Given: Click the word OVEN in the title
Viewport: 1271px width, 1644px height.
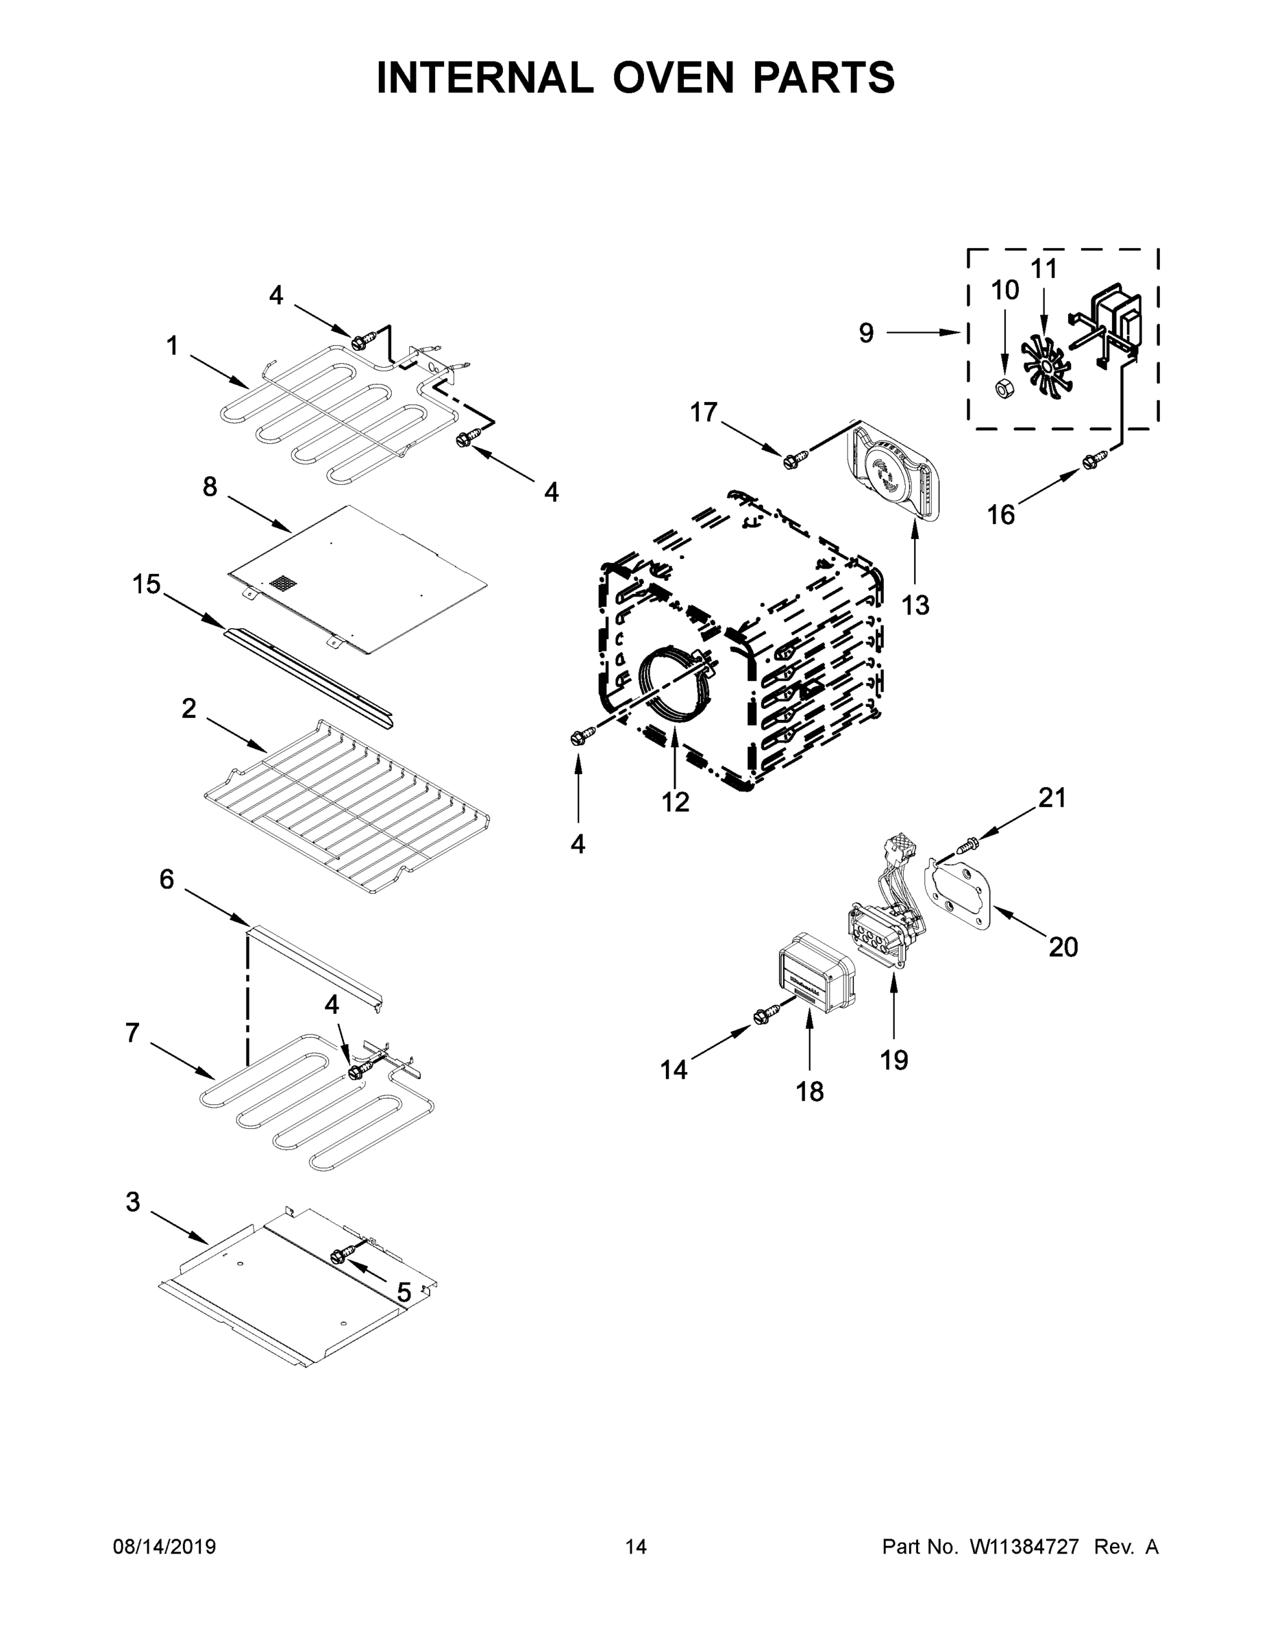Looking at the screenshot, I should click(672, 77).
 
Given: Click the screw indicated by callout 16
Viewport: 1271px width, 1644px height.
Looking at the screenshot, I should click(1095, 461).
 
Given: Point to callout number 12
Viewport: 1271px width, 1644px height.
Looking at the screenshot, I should click(676, 802).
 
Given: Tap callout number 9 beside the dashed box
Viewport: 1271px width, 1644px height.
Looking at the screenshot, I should click(867, 333).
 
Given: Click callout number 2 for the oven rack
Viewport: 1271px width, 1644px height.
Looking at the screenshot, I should click(188, 708).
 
